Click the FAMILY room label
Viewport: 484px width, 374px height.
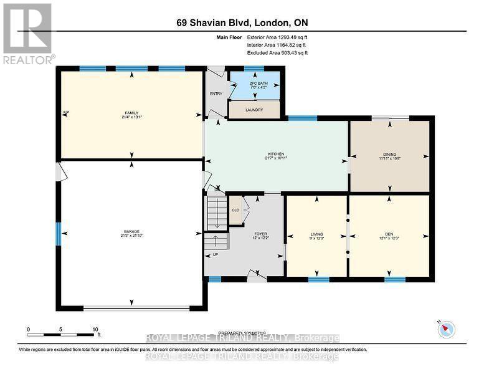coord(131,113)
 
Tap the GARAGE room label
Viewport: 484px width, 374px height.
coord(131,231)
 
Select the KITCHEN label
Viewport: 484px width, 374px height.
coord(276,154)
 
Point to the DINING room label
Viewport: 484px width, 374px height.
coord(390,154)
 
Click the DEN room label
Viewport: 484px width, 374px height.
coord(389,234)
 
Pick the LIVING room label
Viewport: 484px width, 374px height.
coord(316,234)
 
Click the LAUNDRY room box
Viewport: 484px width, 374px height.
coord(254,110)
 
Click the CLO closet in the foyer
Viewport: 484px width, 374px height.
coord(235,210)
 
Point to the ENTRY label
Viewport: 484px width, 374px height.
coord(216,94)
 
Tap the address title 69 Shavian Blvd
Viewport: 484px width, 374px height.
coord(242,23)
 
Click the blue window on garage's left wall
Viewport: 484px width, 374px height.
coord(59,234)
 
